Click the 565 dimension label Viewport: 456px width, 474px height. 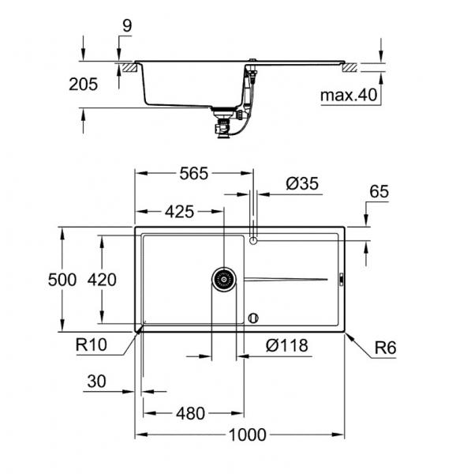(192, 175)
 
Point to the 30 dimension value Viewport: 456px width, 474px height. (96, 381)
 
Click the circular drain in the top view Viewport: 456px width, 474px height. (224, 278)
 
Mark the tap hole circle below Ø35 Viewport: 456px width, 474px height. (252, 239)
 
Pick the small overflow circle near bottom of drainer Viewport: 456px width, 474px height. (252, 318)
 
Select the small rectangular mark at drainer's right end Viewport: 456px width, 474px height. (340, 278)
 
